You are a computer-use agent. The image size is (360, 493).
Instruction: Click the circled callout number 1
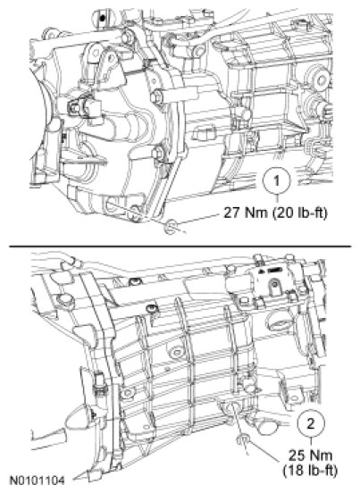pos(277,182)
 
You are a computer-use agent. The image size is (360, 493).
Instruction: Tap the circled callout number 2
pos(311,425)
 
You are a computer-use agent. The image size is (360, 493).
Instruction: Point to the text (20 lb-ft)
pos(300,213)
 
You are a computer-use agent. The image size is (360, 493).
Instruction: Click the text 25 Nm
pos(310,455)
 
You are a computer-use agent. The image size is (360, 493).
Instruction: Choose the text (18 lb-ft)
pos(310,471)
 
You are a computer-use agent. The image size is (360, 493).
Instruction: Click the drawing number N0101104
pos(38,480)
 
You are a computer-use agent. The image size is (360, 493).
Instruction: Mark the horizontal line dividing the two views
pos(180,246)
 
